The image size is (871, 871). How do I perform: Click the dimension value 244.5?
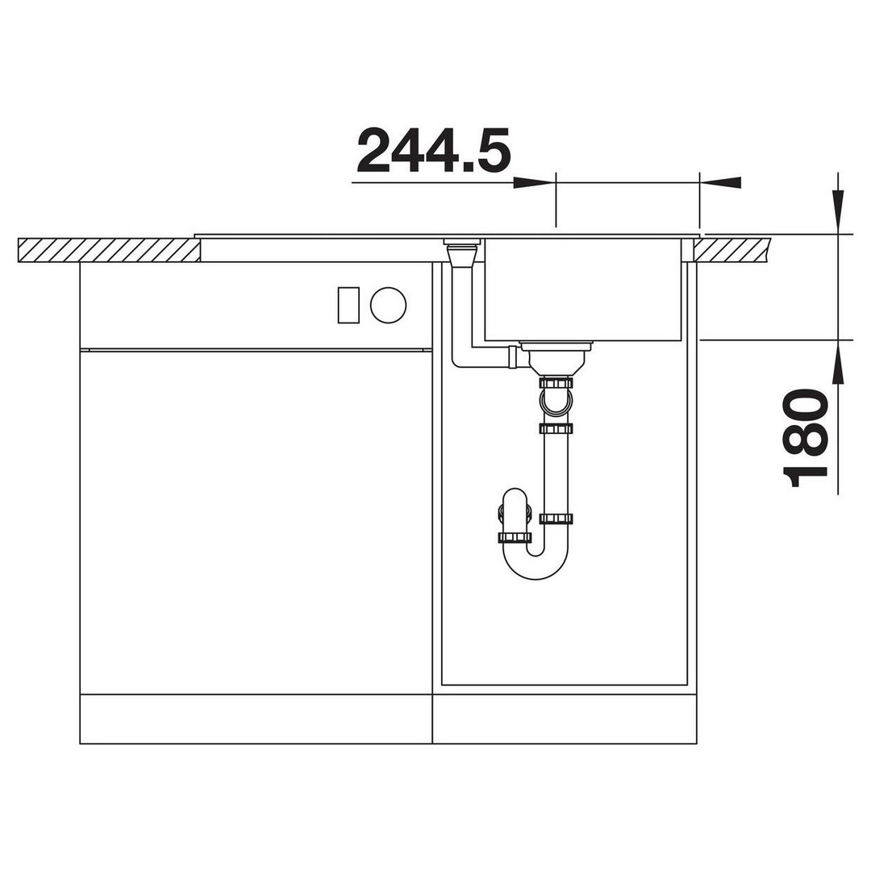click(433, 150)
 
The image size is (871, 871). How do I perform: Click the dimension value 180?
click(805, 438)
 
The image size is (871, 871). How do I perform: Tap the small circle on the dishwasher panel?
click(388, 305)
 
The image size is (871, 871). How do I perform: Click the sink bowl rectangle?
click(583, 290)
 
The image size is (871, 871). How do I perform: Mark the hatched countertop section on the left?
click(109, 250)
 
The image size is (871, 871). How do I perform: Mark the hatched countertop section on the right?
click(731, 250)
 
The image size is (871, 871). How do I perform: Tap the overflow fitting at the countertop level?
click(461, 252)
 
